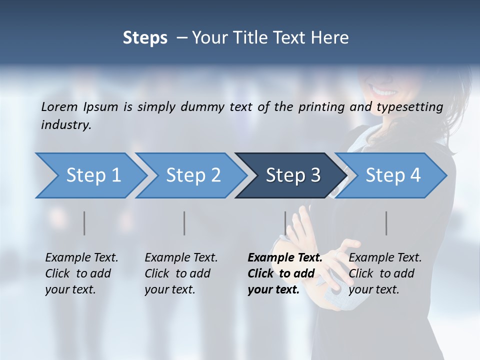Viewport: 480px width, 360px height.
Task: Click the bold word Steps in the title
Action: tap(145, 38)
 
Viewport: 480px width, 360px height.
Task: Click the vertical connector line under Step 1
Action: tap(84, 223)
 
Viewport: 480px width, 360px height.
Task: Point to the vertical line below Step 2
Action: tap(184, 223)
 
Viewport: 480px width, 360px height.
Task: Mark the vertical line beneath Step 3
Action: tap(285, 223)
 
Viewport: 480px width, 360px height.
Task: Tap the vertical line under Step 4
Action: tap(386, 223)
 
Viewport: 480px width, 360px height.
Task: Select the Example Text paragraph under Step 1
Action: tap(81, 273)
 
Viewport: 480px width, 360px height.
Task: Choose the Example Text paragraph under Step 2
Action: tap(181, 273)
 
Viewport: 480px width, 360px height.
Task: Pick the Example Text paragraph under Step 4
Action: tap(385, 273)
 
